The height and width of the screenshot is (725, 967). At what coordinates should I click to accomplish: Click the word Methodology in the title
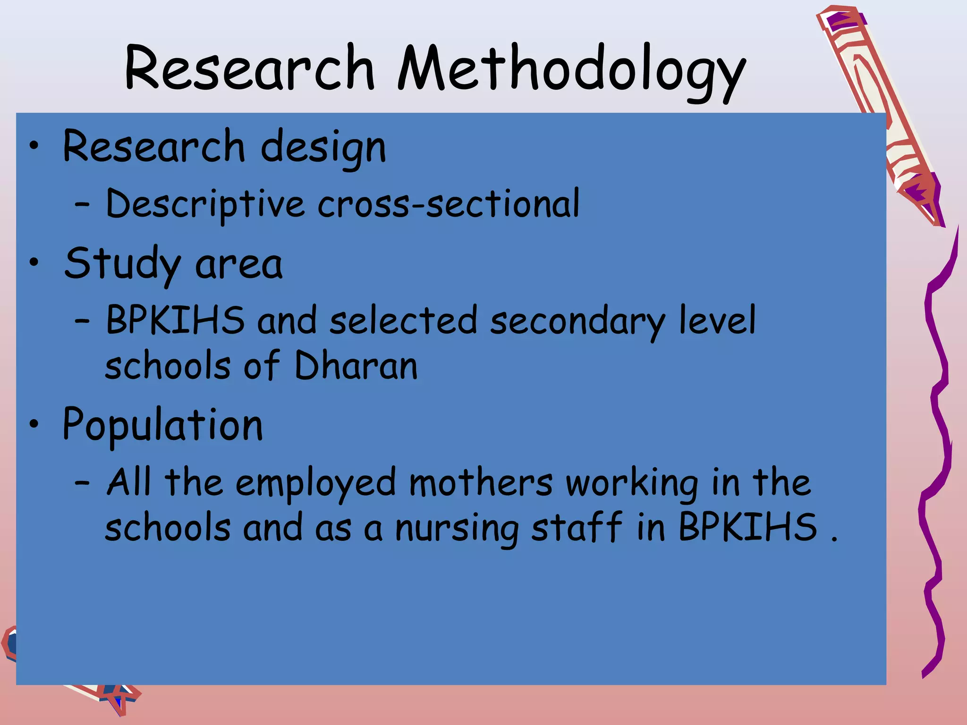click(x=571, y=70)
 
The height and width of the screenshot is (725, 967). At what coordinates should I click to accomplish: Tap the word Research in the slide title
click(x=250, y=68)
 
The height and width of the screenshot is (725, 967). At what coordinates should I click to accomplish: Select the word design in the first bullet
click(x=323, y=147)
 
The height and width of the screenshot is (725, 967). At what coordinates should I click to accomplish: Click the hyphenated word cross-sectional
click(x=449, y=204)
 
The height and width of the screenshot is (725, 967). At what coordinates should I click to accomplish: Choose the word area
click(x=238, y=265)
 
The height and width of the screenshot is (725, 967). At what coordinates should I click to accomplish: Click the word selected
click(x=404, y=321)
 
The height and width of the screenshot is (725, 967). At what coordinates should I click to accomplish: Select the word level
click(x=717, y=320)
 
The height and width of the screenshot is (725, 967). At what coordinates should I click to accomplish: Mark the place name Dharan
click(x=356, y=366)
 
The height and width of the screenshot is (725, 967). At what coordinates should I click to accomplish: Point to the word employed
click(x=315, y=483)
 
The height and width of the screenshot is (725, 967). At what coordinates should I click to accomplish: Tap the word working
click(x=632, y=483)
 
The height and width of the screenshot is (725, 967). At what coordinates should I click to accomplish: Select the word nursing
click(x=456, y=529)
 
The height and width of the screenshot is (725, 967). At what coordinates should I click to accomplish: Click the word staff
click(x=577, y=527)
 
